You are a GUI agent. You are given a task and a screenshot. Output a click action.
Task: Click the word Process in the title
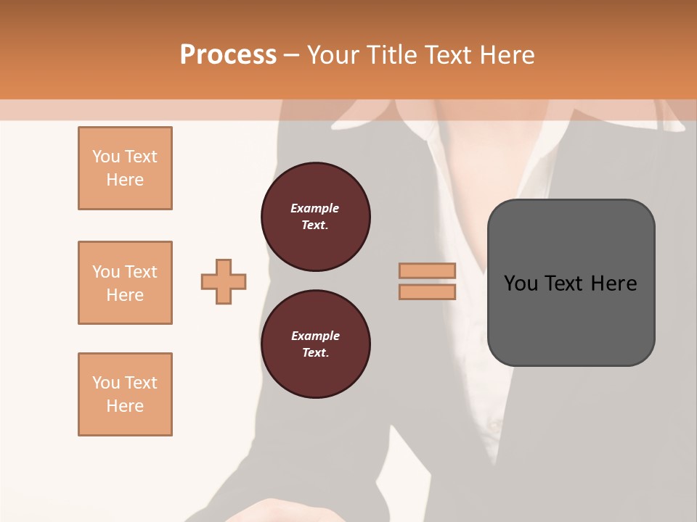(x=228, y=55)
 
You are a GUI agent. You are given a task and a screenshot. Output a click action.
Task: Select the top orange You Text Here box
(x=125, y=168)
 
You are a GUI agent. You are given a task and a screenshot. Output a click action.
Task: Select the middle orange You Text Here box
(x=125, y=283)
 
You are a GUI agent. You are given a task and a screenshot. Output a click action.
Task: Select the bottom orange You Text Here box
(x=125, y=394)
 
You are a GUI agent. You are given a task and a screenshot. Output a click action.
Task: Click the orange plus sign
(x=224, y=281)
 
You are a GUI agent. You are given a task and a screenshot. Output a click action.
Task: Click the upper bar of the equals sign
(x=427, y=271)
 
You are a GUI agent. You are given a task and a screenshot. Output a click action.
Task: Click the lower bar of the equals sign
(x=427, y=291)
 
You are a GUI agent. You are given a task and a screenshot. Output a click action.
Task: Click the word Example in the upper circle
(x=315, y=208)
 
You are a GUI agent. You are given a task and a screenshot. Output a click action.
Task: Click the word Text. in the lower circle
(x=315, y=352)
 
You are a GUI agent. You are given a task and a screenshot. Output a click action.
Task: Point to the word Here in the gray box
(x=614, y=283)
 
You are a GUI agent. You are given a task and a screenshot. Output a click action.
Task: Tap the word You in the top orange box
(x=106, y=157)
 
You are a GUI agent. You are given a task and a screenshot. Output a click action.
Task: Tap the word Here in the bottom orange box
(x=125, y=406)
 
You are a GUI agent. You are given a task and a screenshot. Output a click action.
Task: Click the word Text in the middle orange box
(x=141, y=272)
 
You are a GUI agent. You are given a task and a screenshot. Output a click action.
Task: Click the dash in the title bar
(x=292, y=55)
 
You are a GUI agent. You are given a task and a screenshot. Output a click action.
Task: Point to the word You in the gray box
(x=521, y=283)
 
